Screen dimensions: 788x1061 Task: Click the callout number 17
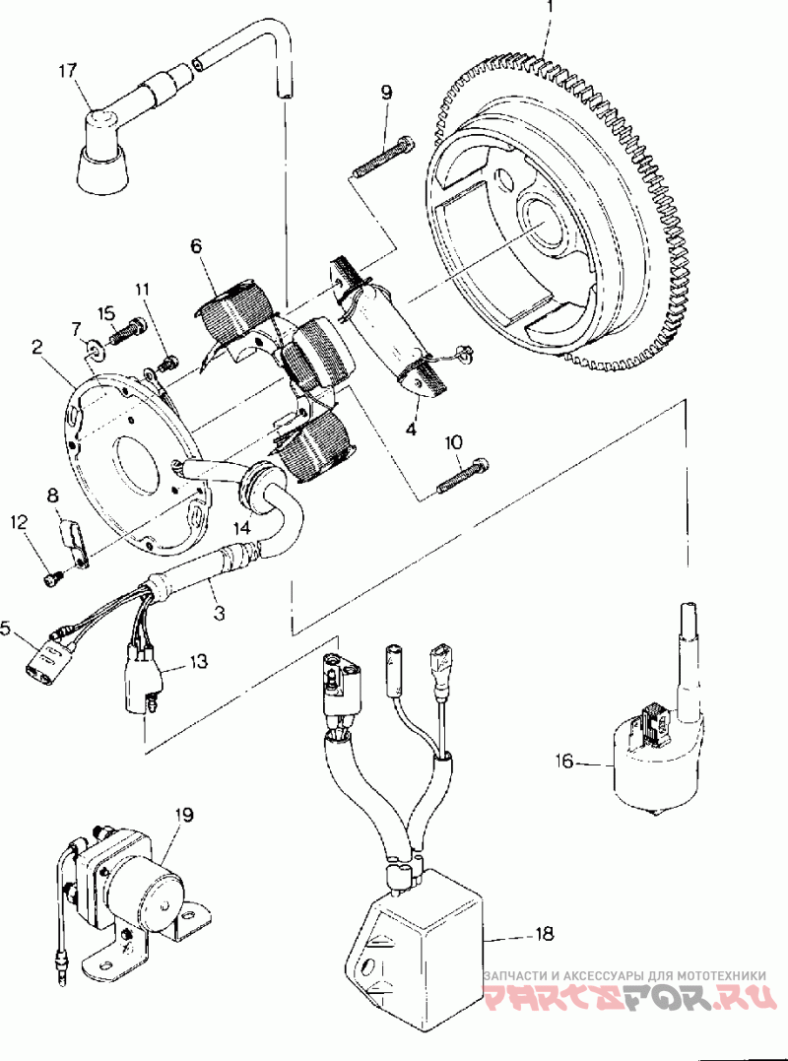tap(69, 69)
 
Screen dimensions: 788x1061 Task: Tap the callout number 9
tap(385, 92)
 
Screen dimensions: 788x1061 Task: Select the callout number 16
tap(566, 762)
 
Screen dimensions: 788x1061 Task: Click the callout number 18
tap(545, 935)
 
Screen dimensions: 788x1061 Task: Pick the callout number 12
tap(20, 522)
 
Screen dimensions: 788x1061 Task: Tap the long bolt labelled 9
tap(383, 158)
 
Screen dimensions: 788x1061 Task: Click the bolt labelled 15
tap(126, 331)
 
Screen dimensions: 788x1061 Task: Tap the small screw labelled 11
tap(167, 364)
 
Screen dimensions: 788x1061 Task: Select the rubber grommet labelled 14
tap(256, 484)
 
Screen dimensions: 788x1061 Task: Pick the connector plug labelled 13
tap(142, 680)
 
